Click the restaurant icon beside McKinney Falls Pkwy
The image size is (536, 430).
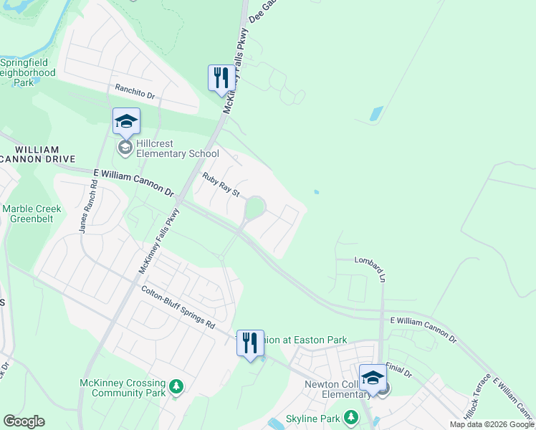coord(221,77)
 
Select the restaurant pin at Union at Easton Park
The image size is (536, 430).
coord(249,343)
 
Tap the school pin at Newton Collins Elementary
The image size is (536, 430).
coord(373,378)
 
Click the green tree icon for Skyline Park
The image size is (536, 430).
coord(350,417)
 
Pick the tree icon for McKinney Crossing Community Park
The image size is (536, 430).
coord(176,388)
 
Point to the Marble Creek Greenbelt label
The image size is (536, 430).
coord(32,214)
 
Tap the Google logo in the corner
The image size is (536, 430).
coord(24,421)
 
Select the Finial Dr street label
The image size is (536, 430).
coord(399,371)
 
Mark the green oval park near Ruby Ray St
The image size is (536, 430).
coord(254,209)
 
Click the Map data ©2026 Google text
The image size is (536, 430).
coord(492,424)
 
